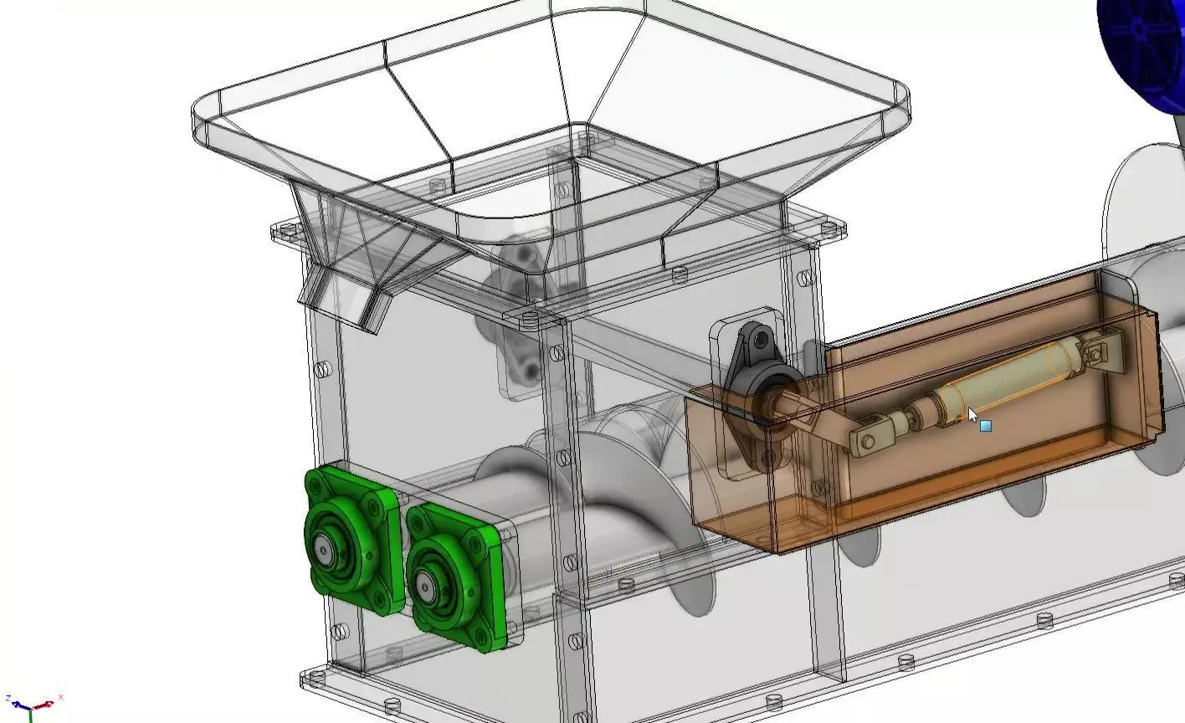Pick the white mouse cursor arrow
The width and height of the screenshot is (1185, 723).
point(972,415)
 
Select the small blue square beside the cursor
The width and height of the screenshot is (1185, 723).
point(986,426)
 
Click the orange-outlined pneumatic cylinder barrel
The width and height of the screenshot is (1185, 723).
point(1004,385)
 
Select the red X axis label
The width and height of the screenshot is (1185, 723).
point(60,697)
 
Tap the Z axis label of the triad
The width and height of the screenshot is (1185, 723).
point(8,699)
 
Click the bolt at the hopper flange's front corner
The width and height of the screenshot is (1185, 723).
point(529,318)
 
